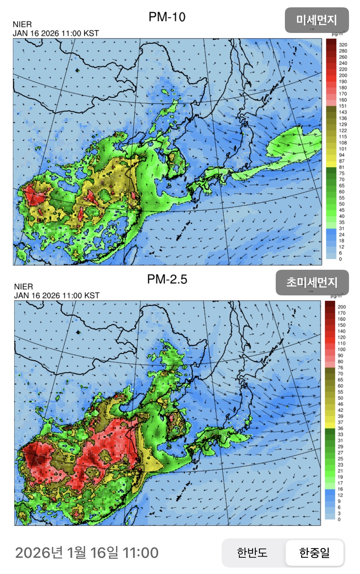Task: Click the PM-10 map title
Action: click(x=167, y=17)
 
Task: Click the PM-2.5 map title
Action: click(x=167, y=279)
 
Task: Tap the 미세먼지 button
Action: click(x=317, y=20)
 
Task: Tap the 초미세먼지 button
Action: click(x=312, y=282)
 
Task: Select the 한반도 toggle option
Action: click(x=252, y=552)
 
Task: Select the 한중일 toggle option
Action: click(x=315, y=552)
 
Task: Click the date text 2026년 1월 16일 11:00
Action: click(x=87, y=553)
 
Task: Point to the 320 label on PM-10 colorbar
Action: click(x=343, y=45)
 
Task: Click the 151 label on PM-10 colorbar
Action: click(x=343, y=106)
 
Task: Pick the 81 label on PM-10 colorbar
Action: click(x=342, y=167)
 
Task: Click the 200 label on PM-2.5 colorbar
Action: click(x=342, y=307)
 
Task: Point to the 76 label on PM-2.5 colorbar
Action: click(x=340, y=368)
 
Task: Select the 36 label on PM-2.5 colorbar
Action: click(x=340, y=428)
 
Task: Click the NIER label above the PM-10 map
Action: click(x=22, y=24)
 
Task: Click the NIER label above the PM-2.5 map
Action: click(x=24, y=287)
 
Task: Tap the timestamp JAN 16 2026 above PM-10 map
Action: click(x=56, y=33)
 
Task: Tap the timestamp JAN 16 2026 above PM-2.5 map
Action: click(x=57, y=295)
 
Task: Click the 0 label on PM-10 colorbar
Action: click(x=340, y=259)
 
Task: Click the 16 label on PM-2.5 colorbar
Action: click(x=340, y=489)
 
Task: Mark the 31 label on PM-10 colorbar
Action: click(x=342, y=229)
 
